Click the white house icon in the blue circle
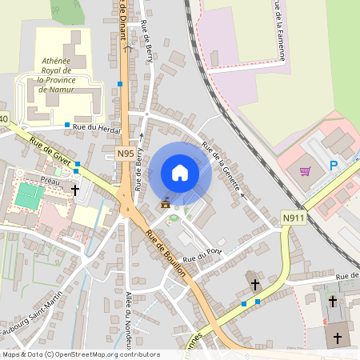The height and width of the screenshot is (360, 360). [180, 173]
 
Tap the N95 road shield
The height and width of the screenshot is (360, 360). [126, 154]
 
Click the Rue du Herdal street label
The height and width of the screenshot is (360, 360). [96, 126]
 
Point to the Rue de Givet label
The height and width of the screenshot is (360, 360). [50, 150]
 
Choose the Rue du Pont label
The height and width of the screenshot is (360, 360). [202, 255]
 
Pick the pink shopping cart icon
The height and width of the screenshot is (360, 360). [305, 170]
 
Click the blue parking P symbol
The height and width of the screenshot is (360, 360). [334, 166]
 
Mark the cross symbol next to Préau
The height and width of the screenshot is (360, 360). [75, 190]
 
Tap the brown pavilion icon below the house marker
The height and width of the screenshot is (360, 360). [166, 203]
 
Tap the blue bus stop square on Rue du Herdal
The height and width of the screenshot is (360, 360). [67, 125]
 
